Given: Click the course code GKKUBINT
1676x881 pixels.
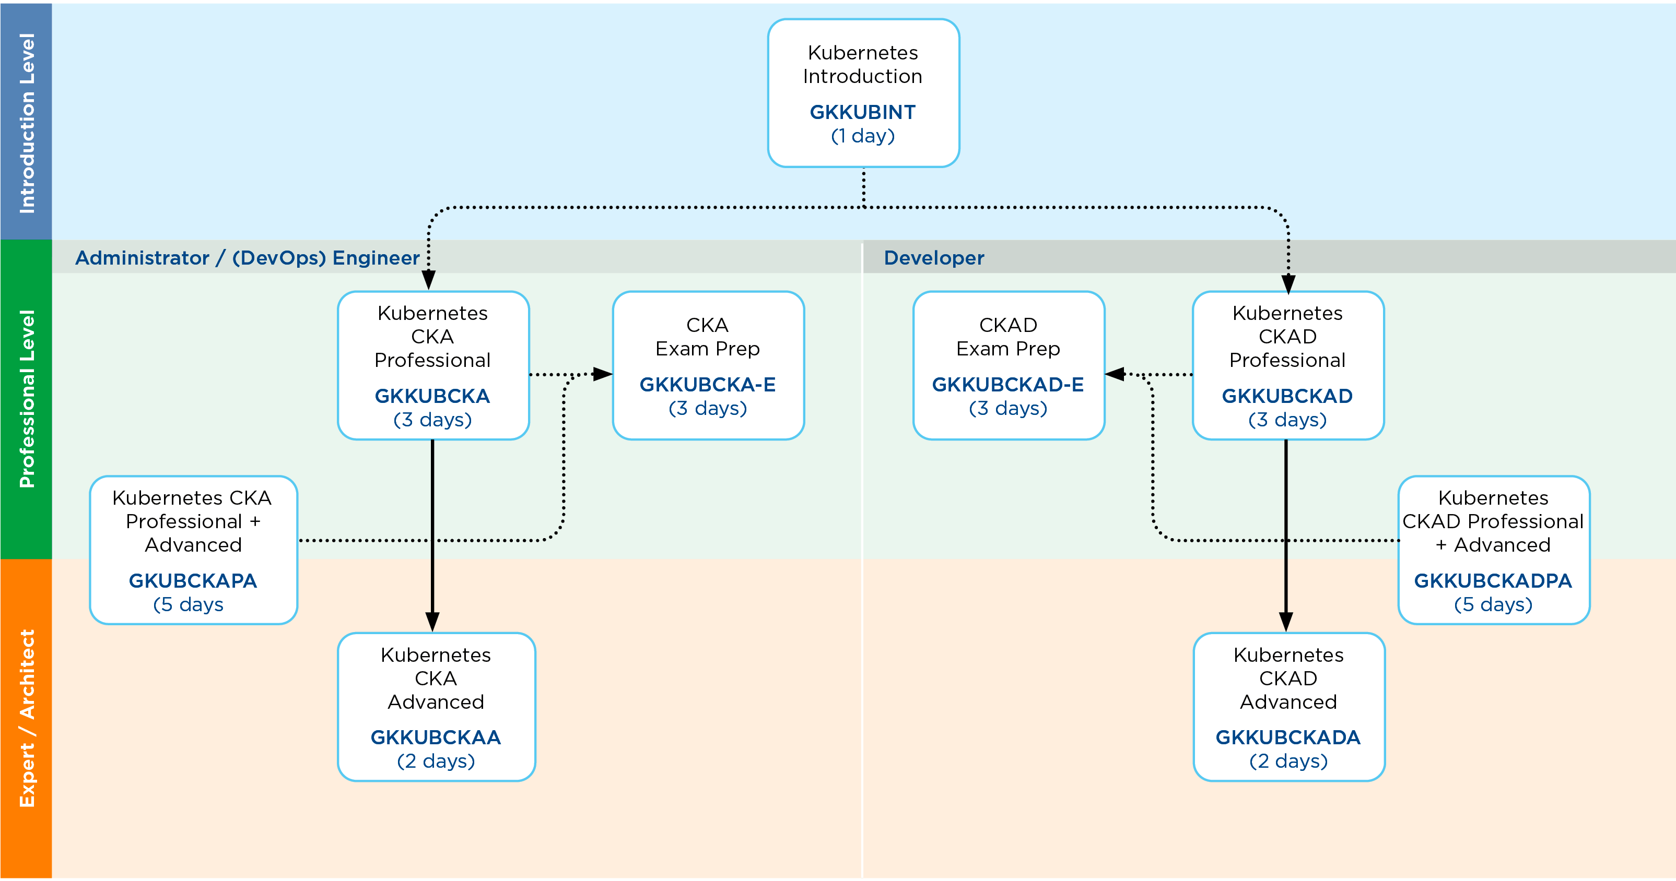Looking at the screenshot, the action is tap(863, 113).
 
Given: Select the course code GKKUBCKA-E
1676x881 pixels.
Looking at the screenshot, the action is tap(708, 385).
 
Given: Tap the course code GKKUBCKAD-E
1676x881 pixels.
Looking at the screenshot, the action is tap(1008, 385).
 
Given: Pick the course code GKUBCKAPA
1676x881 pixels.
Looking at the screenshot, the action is tap(193, 580).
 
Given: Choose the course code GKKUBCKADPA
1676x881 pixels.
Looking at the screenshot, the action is tap(1493, 580).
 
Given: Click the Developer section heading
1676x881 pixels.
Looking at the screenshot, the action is tap(934, 258).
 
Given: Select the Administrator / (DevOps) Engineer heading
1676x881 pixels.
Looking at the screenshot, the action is tap(247, 258).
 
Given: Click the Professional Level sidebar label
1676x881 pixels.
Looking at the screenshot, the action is tap(27, 399).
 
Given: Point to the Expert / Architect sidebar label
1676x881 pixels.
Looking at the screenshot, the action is tap(27, 719).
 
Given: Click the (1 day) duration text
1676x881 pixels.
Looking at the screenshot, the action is tap(863, 136).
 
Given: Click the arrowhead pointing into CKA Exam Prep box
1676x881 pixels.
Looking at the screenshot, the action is tap(603, 375).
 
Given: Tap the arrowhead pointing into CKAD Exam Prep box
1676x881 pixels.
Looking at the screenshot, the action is tap(1115, 375).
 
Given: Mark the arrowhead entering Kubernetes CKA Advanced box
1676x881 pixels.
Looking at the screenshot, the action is tap(432, 622).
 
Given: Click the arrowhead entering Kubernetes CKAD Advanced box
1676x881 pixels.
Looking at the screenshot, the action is tap(1286, 622).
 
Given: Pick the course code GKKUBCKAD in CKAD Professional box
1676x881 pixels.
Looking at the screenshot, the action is tap(1287, 396).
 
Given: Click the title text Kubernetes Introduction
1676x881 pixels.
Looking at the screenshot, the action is tap(863, 64).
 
